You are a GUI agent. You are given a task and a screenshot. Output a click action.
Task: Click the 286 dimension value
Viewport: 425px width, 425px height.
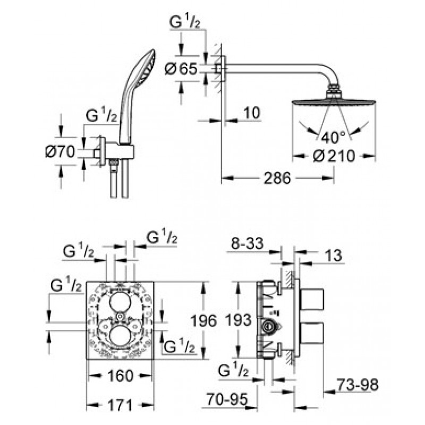click(x=277, y=178)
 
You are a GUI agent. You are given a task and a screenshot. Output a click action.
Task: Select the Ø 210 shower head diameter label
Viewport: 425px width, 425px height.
click(x=334, y=156)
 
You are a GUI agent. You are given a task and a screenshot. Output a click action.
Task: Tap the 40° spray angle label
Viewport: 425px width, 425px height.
click(x=334, y=137)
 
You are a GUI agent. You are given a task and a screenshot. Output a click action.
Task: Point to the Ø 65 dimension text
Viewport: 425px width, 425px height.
click(x=181, y=69)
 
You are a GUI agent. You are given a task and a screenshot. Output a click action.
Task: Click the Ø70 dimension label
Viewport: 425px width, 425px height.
click(x=60, y=151)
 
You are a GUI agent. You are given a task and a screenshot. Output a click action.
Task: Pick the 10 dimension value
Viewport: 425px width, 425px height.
click(x=252, y=113)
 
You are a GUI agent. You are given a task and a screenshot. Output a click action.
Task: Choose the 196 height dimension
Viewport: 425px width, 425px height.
click(x=204, y=321)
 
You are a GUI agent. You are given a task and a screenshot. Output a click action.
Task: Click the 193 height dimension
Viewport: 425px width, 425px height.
click(x=239, y=320)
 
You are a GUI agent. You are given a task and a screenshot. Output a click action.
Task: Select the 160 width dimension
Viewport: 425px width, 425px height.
click(x=121, y=376)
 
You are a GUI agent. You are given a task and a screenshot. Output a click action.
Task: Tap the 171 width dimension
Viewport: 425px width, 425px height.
click(x=120, y=405)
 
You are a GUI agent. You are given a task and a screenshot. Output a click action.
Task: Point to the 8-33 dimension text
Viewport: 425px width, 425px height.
click(x=247, y=243)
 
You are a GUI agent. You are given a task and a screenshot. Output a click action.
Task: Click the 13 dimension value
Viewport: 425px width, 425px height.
click(x=333, y=256)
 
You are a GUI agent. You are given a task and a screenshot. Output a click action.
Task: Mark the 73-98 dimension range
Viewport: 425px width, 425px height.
click(x=358, y=384)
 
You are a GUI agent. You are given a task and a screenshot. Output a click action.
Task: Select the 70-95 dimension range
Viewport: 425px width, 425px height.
click(x=227, y=399)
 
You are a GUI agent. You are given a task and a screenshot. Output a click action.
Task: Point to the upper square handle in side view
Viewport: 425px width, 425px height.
click(x=312, y=299)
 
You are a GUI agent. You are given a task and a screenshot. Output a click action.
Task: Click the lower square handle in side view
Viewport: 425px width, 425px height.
click(x=312, y=334)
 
